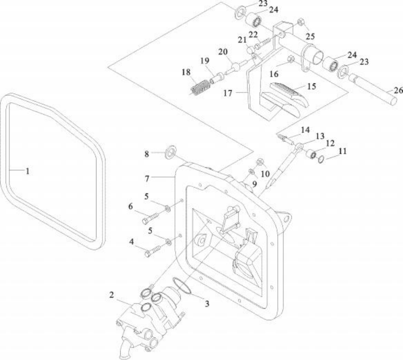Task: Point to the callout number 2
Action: pyautogui.click(x=111, y=295)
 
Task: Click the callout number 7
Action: pyautogui.click(x=147, y=178)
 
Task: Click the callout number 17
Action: pyautogui.click(x=228, y=92)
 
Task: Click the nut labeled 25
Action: pyautogui.click(x=299, y=22)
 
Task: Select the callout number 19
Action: pyautogui.click(x=205, y=61)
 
